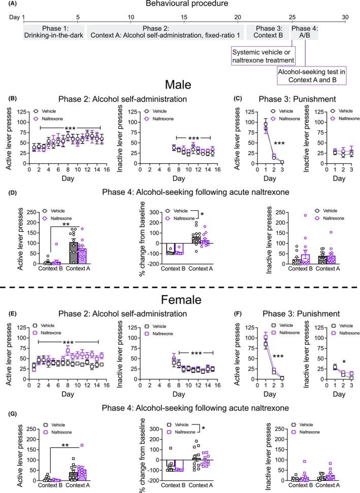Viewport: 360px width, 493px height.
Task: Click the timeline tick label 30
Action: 345,17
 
